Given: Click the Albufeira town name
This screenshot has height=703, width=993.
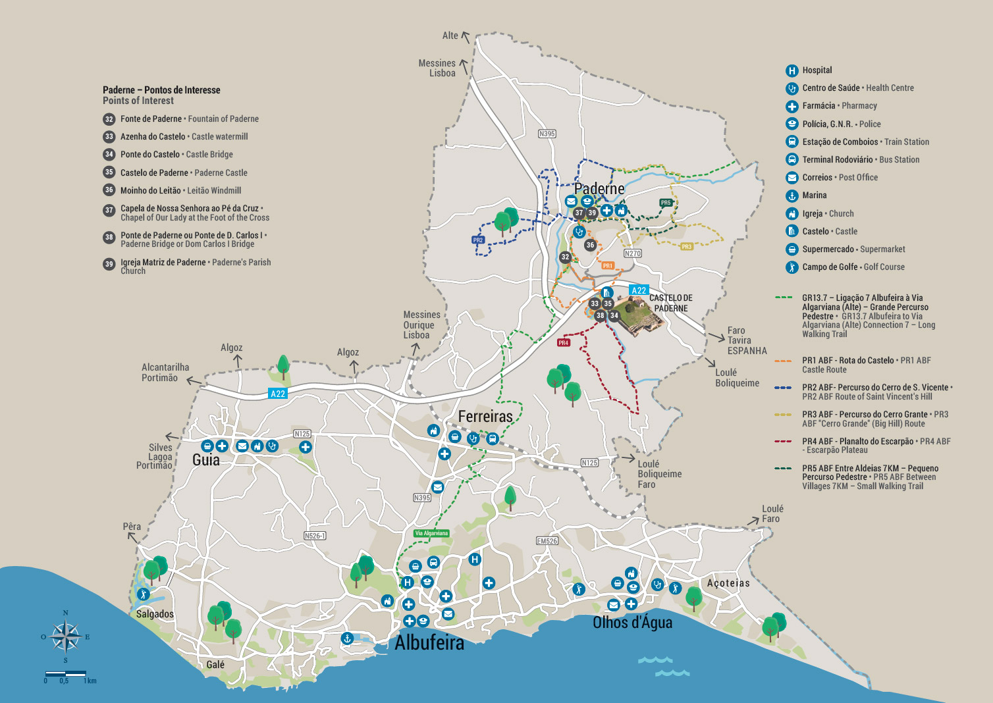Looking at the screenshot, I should point(429,642).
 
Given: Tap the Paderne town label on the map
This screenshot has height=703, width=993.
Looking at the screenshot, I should point(599,189).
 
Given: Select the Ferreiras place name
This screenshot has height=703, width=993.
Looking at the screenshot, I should point(485,416).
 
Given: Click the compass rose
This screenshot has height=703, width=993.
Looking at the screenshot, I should point(65,637).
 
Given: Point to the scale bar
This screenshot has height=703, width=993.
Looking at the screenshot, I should point(66,673).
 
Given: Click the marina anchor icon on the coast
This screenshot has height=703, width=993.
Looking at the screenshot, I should point(347,638).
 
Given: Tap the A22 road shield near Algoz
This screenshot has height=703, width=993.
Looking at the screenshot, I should point(278,394).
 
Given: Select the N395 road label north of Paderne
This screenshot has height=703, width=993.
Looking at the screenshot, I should point(547,134).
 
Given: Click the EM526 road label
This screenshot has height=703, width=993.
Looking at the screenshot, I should point(547,541).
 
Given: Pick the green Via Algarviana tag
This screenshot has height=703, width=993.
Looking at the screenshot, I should point(431,533).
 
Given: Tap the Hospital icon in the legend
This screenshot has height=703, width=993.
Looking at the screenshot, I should point(792,70).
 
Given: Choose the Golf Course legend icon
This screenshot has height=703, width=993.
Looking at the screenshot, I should point(792,267).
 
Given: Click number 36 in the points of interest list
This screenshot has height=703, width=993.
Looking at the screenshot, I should point(109,190).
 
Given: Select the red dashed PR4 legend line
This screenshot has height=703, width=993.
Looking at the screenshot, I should point(784,441).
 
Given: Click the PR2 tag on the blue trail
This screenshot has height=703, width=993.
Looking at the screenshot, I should point(478,240).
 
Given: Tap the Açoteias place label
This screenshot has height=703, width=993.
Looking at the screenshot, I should point(728,583).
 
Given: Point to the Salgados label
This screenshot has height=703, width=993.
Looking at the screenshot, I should point(155,614).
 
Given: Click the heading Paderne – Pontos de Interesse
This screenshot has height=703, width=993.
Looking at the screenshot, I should point(161,90).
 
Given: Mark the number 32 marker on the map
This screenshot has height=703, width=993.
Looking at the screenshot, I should point(565,257).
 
